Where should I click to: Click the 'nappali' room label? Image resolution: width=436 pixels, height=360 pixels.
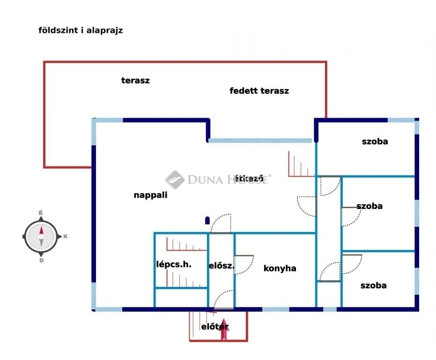click(x=150, y=195)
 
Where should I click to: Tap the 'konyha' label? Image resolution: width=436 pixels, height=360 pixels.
click(x=280, y=269)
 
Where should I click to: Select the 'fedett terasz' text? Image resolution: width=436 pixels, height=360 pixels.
click(x=259, y=91)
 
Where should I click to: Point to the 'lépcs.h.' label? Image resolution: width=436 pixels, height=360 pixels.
click(x=174, y=264)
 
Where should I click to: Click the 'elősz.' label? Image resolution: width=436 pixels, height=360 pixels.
click(x=222, y=266)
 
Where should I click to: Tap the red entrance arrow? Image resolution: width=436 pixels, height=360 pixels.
click(x=223, y=330)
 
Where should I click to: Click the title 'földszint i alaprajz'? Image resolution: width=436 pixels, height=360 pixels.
click(x=81, y=30)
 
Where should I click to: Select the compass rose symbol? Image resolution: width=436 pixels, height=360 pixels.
click(x=41, y=237)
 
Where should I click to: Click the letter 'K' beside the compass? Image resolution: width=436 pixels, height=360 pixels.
click(x=66, y=236)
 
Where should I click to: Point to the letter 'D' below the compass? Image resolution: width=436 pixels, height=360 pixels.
click(x=41, y=261)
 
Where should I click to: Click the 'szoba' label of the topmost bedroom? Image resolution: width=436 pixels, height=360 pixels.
click(x=375, y=142)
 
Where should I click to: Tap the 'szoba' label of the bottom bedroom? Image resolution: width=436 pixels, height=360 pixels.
click(x=373, y=285)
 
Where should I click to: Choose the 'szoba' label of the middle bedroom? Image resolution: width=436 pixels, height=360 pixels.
click(x=369, y=206)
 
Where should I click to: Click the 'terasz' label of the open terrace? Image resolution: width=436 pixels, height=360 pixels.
click(x=135, y=81)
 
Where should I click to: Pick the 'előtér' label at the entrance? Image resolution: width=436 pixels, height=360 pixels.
click(x=214, y=326)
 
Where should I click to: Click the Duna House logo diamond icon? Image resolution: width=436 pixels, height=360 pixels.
click(x=175, y=180)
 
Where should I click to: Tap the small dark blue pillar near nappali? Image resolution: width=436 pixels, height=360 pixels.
click(x=207, y=220)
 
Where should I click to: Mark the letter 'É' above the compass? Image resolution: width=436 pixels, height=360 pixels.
click(x=41, y=213)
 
